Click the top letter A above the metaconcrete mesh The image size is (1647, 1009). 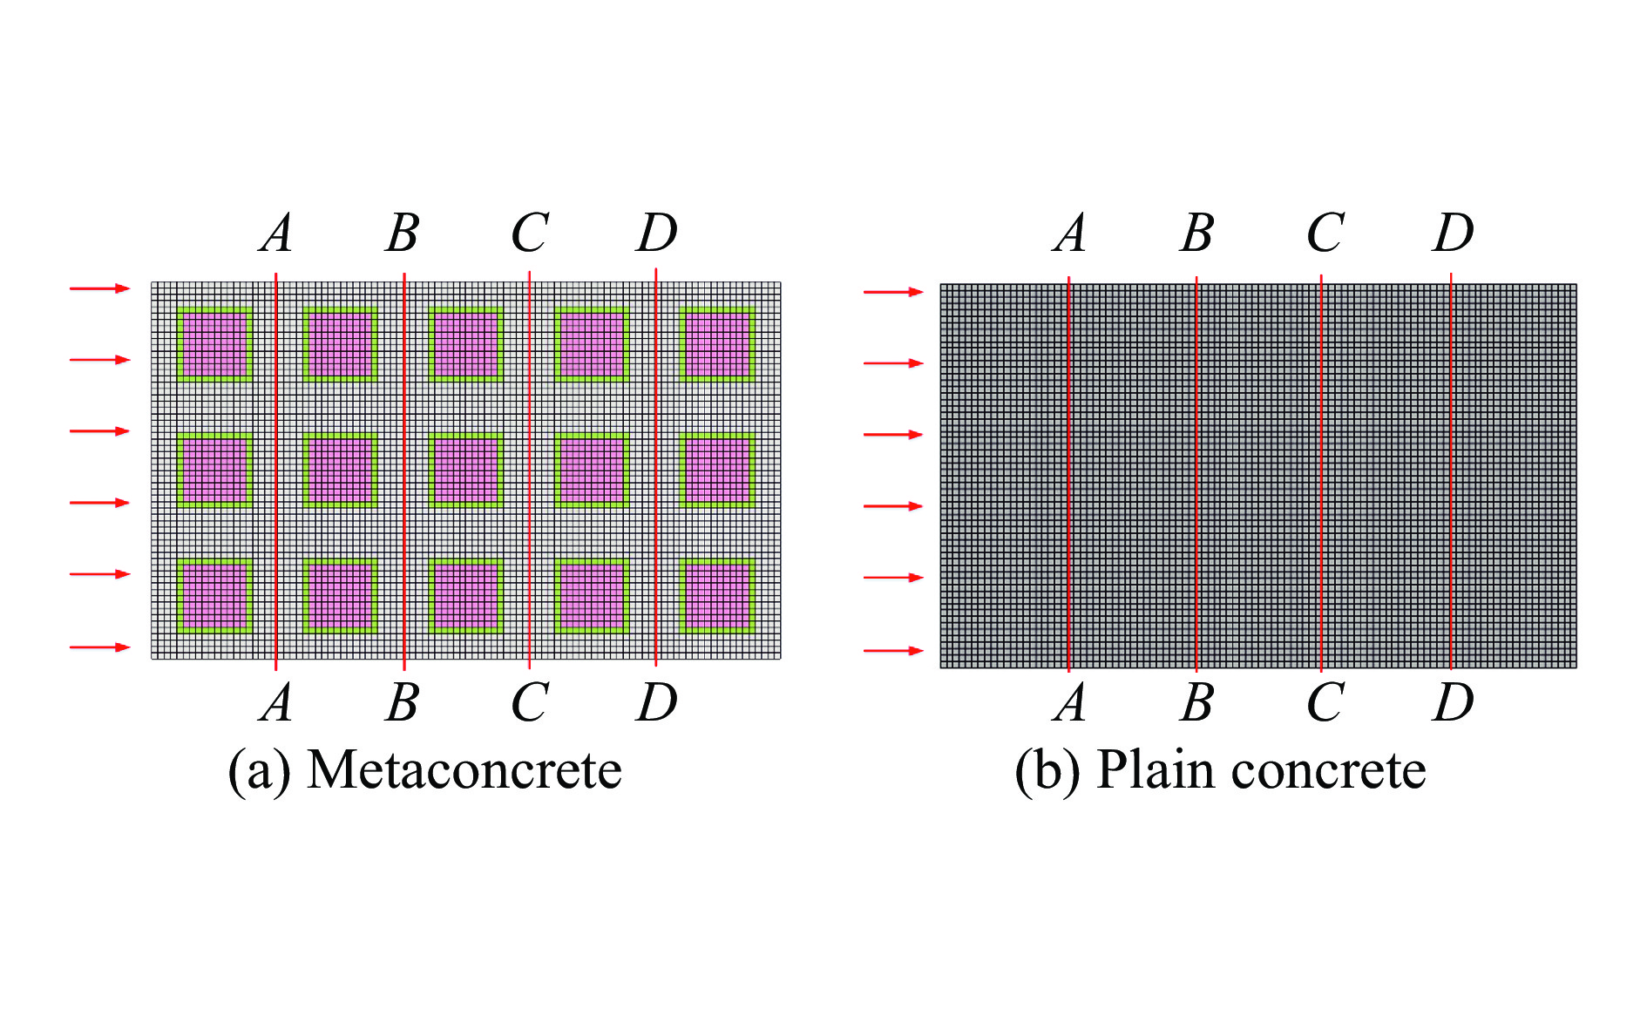click(x=276, y=234)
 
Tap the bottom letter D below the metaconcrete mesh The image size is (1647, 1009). click(x=657, y=702)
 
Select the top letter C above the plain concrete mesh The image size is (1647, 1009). click(x=1325, y=234)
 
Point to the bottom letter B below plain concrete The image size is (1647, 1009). click(x=1197, y=702)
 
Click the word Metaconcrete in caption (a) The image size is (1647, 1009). click(x=464, y=770)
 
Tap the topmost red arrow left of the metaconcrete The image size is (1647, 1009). click(x=100, y=288)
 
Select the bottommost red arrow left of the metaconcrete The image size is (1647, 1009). click(x=100, y=647)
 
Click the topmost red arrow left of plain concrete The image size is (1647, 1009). click(x=893, y=292)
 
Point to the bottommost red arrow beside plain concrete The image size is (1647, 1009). click(x=893, y=650)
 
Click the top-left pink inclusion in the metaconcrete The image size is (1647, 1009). click(x=215, y=344)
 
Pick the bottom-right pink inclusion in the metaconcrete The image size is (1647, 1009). click(x=717, y=595)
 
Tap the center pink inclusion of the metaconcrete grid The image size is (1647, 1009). click(x=466, y=471)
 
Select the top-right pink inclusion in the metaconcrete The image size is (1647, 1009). click(x=717, y=344)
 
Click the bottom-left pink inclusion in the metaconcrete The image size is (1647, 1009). click(x=215, y=595)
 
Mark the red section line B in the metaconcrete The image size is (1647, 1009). click(x=404, y=471)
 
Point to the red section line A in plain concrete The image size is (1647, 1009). click(x=1069, y=474)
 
